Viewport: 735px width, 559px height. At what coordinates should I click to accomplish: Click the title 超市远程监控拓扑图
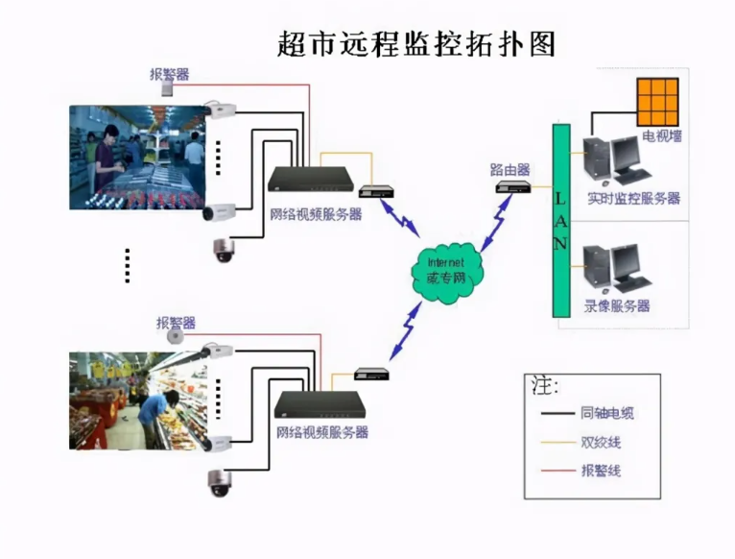(415, 44)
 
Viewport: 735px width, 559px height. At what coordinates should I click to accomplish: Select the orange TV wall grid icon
(657, 98)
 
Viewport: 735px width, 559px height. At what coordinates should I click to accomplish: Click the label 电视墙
(662, 136)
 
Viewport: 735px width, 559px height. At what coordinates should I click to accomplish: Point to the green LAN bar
(560, 220)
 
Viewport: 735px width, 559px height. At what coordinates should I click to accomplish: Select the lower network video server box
(320, 402)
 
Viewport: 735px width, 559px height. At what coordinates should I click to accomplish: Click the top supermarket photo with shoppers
(138, 157)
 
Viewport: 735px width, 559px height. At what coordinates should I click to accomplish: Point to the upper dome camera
(224, 250)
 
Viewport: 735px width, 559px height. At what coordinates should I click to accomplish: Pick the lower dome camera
(220, 483)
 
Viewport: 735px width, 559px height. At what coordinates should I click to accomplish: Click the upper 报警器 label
(169, 73)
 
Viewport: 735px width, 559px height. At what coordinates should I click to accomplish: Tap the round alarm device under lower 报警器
(176, 337)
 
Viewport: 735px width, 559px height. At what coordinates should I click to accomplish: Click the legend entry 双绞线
(600, 443)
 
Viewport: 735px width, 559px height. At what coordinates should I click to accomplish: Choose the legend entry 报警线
(600, 470)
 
